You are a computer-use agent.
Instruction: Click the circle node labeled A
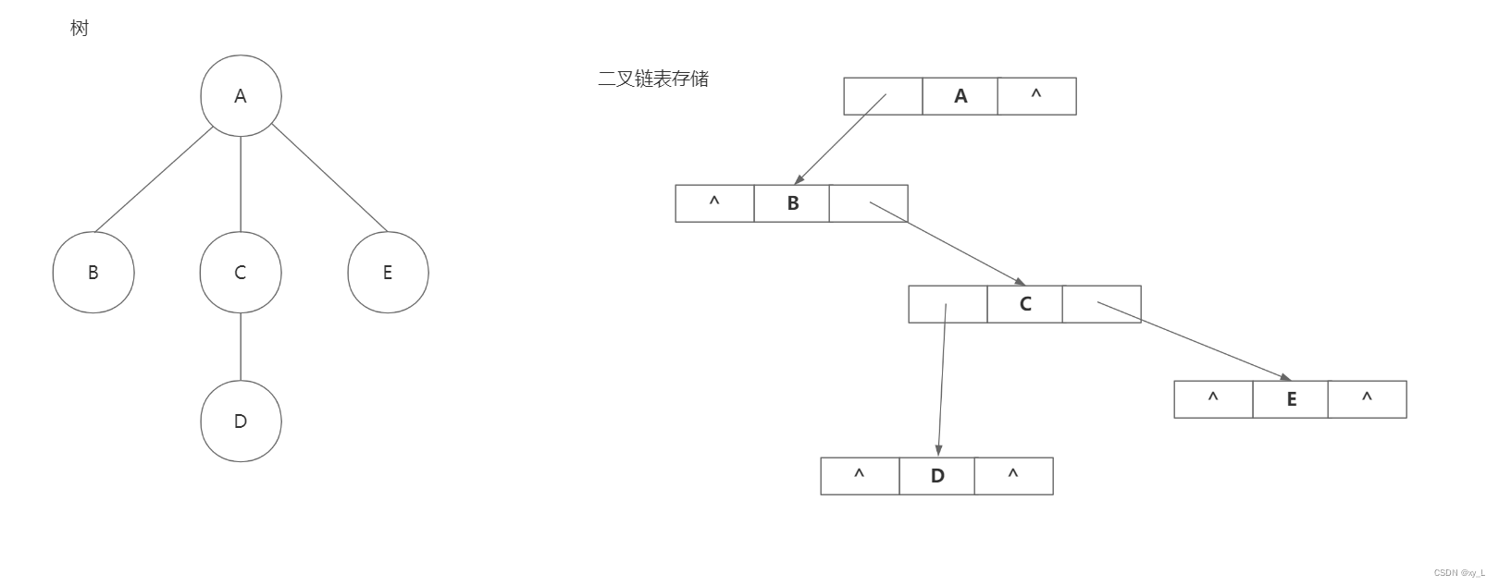tap(241, 96)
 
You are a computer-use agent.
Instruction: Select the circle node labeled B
tap(93, 273)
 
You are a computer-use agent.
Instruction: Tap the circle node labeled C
tap(241, 273)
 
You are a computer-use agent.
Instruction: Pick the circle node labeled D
tap(241, 421)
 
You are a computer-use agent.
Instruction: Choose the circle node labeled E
tap(388, 273)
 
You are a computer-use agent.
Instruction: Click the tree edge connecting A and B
tap(155, 179)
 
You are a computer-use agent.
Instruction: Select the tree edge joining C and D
tap(241, 347)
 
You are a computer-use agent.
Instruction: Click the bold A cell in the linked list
tap(960, 96)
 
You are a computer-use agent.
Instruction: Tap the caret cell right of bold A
tap(1036, 96)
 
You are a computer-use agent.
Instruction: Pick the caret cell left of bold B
tap(714, 203)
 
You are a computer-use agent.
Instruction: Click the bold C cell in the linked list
tap(1025, 304)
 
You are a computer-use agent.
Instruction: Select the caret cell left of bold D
tap(860, 476)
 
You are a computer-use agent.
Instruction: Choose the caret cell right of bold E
tap(1367, 399)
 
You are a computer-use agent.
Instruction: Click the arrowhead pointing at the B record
tap(799, 180)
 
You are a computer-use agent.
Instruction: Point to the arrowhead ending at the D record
tap(938, 450)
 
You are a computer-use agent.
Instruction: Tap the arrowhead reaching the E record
tap(1285, 377)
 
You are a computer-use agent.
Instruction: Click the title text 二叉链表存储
tap(653, 79)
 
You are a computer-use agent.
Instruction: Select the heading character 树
tap(80, 29)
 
